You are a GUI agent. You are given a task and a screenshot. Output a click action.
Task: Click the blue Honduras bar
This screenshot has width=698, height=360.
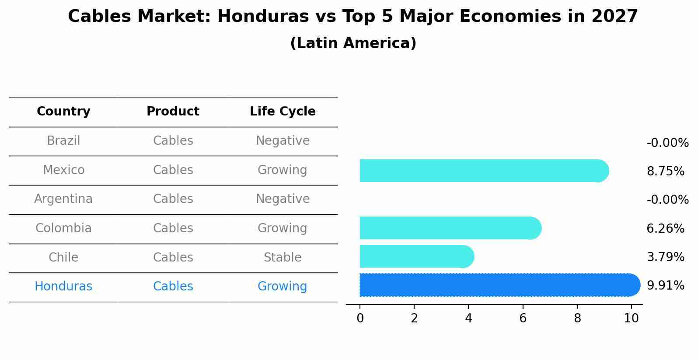coord(499,285)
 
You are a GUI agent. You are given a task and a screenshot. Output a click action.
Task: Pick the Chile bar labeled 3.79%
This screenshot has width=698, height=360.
coord(416,256)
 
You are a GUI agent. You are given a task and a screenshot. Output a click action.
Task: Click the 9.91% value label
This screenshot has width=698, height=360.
coord(665,286)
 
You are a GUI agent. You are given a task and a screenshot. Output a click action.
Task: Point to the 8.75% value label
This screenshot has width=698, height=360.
coord(665,171)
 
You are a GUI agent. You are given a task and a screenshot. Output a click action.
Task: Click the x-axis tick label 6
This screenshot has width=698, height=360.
coord(523,318)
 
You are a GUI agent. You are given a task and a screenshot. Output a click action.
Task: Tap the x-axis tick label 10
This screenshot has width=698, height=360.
coord(631,318)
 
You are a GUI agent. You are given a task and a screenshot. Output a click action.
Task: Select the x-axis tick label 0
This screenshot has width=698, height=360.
coord(360,318)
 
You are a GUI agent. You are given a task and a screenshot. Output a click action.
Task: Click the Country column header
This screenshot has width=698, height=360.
coord(63,112)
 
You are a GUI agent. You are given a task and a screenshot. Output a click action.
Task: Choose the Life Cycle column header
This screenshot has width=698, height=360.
coord(283,112)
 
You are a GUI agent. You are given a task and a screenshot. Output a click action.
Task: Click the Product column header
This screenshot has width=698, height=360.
coord(173,112)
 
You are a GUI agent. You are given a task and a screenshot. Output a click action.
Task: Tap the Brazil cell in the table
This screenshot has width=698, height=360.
coord(63,141)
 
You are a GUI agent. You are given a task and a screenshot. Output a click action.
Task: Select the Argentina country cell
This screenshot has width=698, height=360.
coord(63,199)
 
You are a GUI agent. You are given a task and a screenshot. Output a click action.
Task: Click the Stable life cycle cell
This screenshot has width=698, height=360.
coord(283,258)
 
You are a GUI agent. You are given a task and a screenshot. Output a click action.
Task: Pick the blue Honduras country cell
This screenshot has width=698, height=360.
coord(63,287)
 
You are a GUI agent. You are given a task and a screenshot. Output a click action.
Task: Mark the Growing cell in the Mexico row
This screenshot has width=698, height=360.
coord(283,170)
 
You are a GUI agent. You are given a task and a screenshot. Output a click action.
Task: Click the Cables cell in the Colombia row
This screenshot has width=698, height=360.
coord(173,228)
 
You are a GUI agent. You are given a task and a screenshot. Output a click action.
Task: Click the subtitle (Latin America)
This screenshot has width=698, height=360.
coord(353,43)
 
